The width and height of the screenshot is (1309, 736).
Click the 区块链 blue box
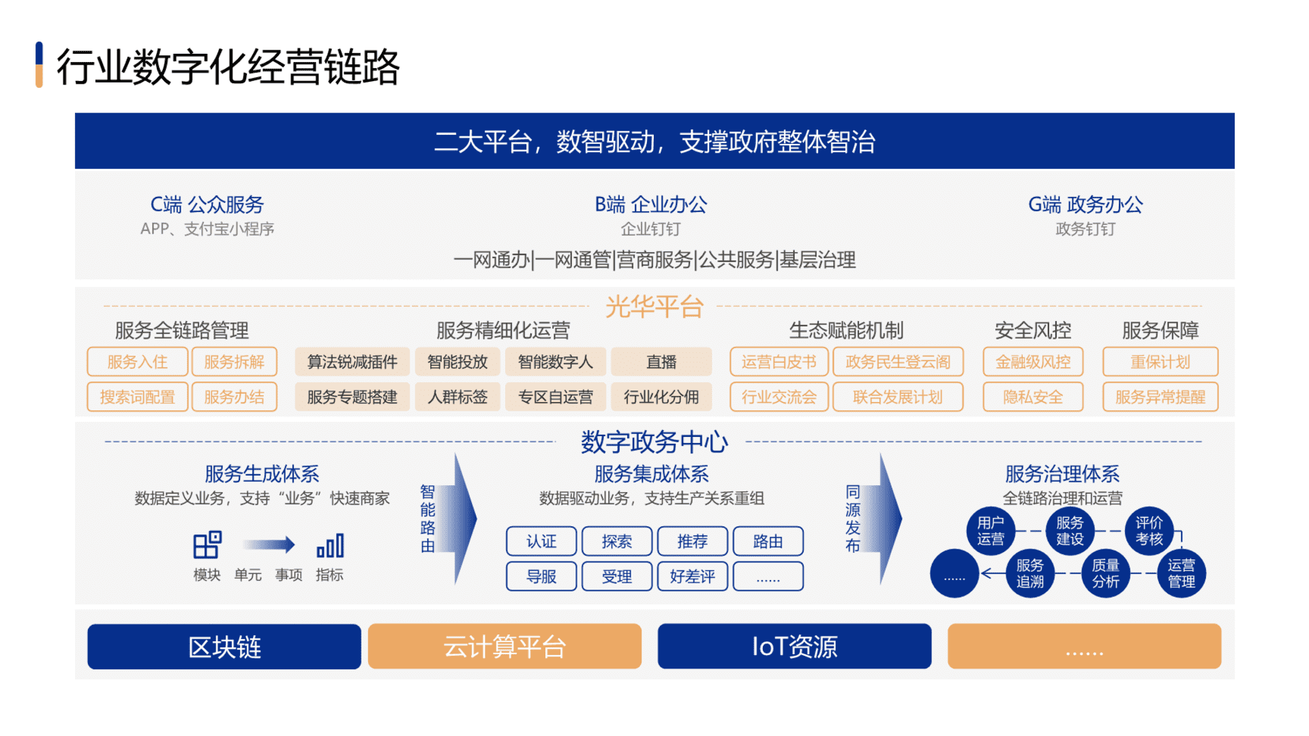[224, 646]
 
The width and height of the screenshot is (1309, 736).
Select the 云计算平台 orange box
[505, 646]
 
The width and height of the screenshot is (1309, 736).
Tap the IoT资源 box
[794, 646]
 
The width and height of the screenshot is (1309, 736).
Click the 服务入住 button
[137, 362]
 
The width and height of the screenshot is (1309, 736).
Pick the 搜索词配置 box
[137, 397]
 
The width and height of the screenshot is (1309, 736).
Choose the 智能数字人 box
[555, 362]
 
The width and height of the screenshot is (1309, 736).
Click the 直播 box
[661, 362]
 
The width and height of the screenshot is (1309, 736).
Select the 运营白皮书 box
[779, 362]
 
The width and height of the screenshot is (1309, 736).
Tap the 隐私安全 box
[1032, 397]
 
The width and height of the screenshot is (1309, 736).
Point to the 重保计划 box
[1160, 362]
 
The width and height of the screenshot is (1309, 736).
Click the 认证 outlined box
[541, 541]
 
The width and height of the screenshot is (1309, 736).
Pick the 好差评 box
[692, 577]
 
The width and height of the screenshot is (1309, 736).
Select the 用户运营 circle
[991, 531]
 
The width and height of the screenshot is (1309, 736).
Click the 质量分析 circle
[1105, 573]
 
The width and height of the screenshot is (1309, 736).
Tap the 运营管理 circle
[1181, 573]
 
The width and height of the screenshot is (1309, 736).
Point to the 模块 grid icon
[207, 545]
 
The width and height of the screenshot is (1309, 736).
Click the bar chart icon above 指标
[330, 545]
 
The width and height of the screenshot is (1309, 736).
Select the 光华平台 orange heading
[654, 307]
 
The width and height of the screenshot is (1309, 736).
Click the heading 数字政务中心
[654, 442]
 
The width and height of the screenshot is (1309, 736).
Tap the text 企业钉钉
[650, 229]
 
